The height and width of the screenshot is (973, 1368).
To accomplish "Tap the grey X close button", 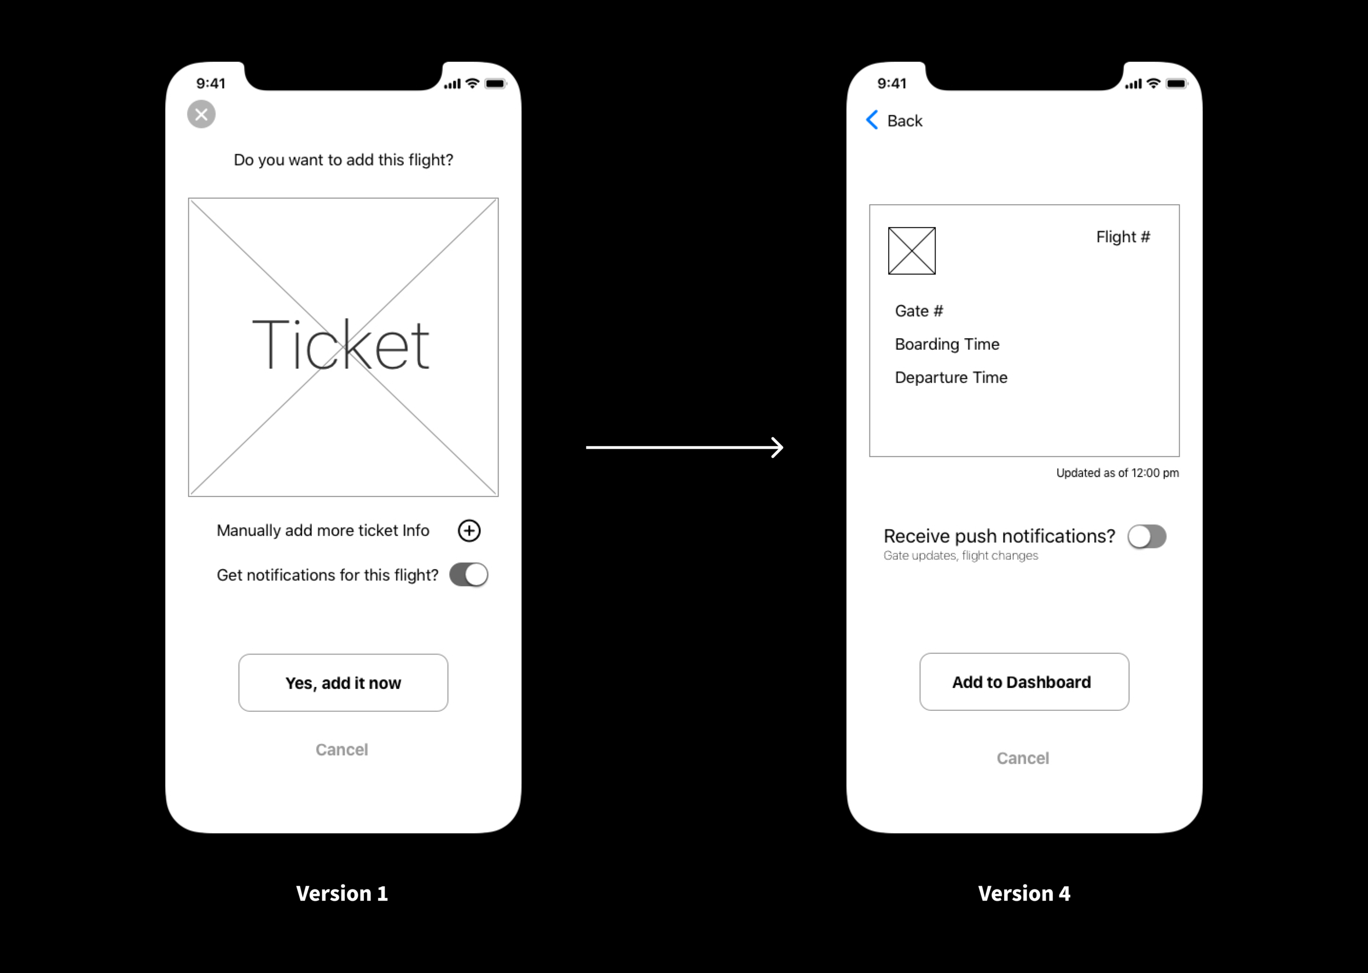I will point(201,114).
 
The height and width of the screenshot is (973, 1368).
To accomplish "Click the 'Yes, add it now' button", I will point(343,682).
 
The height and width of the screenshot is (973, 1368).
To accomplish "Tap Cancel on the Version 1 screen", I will point(342,750).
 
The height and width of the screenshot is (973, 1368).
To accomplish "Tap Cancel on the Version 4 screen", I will point(1023,758).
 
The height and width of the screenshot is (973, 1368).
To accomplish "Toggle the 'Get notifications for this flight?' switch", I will point(469,575).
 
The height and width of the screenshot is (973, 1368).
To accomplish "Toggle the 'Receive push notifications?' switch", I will point(1147,536).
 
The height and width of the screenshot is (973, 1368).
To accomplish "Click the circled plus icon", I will point(469,531).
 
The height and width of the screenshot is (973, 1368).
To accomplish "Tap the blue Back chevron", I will point(873,120).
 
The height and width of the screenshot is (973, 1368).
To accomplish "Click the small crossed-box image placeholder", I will point(912,251).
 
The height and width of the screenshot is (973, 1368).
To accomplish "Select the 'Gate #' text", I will point(919,311).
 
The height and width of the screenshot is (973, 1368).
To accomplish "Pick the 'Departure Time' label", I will point(951,378).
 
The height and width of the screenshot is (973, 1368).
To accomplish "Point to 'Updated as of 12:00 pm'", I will point(1117,473).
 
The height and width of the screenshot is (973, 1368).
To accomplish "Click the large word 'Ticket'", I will point(340,346).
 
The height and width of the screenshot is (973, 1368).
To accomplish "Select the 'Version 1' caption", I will point(342,893).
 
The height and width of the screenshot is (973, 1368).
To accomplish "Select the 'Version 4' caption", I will point(1024,893).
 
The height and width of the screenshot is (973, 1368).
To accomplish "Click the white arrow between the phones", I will point(685,448).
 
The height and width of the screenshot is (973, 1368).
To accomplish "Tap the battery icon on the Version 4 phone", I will point(1176,84).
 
